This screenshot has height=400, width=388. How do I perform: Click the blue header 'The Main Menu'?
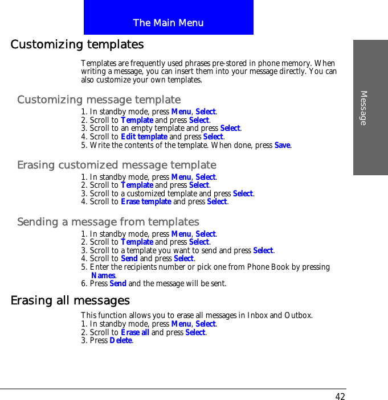point(168,23)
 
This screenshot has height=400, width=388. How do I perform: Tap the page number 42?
point(340,397)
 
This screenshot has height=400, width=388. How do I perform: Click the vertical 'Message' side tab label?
point(364,108)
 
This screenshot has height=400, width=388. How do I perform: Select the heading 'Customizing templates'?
point(77,44)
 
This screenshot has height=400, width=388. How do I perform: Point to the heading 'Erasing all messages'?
point(70,300)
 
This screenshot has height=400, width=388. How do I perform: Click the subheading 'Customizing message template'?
point(99,100)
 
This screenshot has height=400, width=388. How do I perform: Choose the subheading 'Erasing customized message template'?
point(116,165)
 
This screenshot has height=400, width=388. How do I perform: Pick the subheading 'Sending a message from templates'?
point(108,222)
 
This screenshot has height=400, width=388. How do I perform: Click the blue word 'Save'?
point(283,145)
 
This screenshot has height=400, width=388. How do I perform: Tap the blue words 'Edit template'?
point(144,137)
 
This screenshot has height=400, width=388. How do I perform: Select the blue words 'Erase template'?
point(146,201)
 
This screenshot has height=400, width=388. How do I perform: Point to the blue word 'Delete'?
point(121,340)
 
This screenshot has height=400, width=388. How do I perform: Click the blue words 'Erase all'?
point(135,332)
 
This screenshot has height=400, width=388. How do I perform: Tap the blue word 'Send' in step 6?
point(118,283)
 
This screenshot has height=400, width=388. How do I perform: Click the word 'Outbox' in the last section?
point(298,315)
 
